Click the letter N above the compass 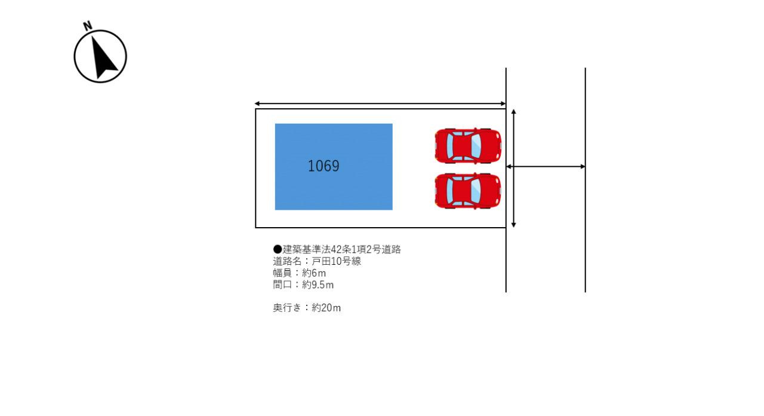(x=88, y=26)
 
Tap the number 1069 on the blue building (x=324, y=166)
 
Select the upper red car (x=468, y=145)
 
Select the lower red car (x=468, y=191)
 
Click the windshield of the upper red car (x=476, y=145)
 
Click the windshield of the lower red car (x=476, y=191)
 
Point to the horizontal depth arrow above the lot (x=380, y=104)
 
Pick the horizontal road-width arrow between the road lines (x=546, y=166)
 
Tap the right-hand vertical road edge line (x=585, y=179)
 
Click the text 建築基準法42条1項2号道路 (x=341, y=250)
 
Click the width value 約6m (x=314, y=273)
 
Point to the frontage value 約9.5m (x=318, y=285)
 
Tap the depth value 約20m (x=326, y=308)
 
